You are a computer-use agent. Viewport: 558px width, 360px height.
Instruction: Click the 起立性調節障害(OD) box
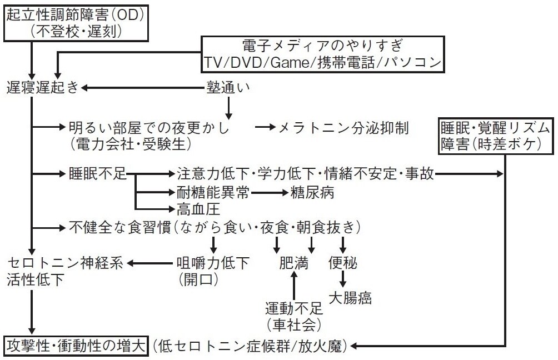[76, 22]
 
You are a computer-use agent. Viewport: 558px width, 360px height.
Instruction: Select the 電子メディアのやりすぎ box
[323, 54]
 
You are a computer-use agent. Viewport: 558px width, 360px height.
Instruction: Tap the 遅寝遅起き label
[43, 87]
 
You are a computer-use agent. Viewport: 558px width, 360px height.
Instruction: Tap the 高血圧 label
[191, 209]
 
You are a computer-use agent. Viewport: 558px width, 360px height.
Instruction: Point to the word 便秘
[343, 261]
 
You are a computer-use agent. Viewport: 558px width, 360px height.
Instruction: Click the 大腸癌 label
[350, 298]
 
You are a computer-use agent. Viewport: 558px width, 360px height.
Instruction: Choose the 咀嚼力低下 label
[213, 261]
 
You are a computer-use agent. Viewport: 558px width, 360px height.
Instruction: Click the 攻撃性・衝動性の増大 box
[76, 346]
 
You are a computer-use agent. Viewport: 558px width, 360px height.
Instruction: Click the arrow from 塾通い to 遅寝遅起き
[142, 87]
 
